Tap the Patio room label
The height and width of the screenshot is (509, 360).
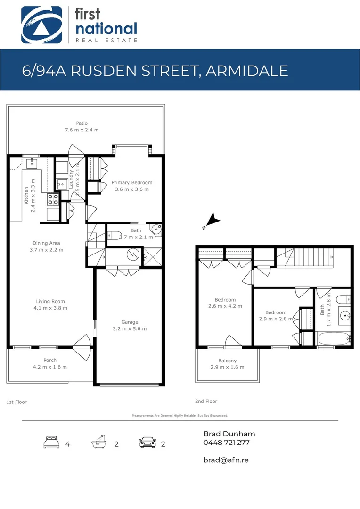point(82,123)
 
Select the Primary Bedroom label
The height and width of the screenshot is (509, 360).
point(132,182)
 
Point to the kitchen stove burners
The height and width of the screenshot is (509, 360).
point(52,199)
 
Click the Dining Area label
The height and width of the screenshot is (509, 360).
point(46,243)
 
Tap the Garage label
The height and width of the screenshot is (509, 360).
point(130,322)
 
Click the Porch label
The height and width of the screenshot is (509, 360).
point(50,360)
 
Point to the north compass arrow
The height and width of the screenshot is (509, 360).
point(213,220)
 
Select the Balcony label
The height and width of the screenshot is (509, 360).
point(227,361)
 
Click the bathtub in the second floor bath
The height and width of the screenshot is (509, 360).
point(334,338)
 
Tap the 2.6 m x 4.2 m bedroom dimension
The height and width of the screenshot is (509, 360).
point(225,306)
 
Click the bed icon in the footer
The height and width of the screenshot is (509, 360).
point(50,443)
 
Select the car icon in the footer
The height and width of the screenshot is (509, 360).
point(147,443)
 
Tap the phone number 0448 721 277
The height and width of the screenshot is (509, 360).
point(226,443)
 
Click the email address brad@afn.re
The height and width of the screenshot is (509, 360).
point(226,460)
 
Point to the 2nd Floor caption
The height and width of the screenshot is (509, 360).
point(206,401)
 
